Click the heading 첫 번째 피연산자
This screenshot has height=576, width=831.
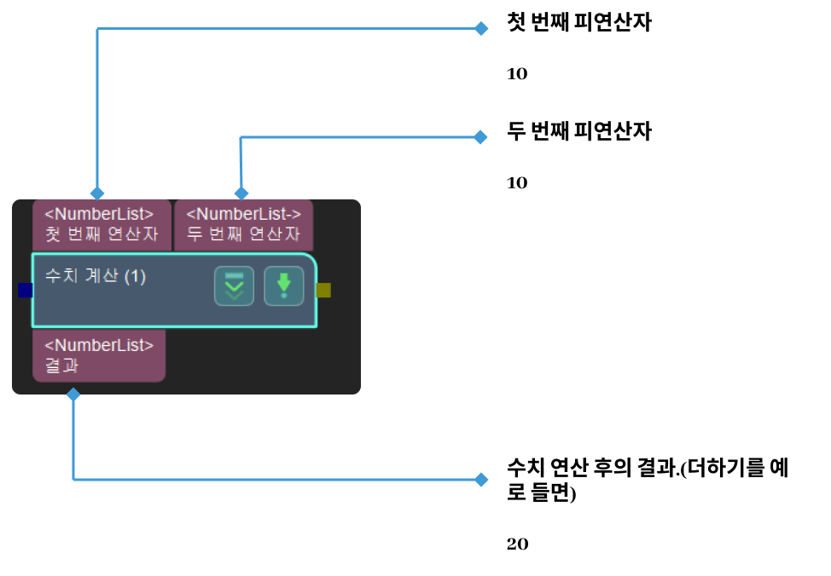pyautogui.click(x=578, y=24)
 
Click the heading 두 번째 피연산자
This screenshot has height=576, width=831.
pyautogui.click(x=578, y=132)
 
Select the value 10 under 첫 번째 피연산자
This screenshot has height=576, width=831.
pyautogui.click(x=517, y=74)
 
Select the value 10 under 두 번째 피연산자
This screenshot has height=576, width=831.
pyautogui.click(x=517, y=183)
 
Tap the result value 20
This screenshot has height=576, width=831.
pyautogui.click(x=517, y=544)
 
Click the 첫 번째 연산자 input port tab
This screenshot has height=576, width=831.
pyautogui.click(x=101, y=224)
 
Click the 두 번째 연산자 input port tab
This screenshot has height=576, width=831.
pyautogui.click(x=243, y=224)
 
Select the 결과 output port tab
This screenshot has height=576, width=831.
pyautogui.click(x=98, y=355)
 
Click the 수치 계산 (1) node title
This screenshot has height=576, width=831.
pyautogui.click(x=96, y=277)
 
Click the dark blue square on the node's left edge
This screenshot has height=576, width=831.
pyautogui.click(x=26, y=291)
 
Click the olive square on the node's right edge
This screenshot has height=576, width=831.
pyautogui.click(x=323, y=291)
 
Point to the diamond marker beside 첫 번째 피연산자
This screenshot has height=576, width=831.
pyautogui.click(x=481, y=28)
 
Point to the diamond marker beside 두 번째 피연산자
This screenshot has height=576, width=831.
pyautogui.click(x=481, y=136)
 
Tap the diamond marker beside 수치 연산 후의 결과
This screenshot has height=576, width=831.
pyautogui.click(x=481, y=480)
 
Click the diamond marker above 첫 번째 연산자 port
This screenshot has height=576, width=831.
pyautogui.click(x=97, y=193)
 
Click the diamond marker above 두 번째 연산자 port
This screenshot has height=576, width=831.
pyautogui.click(x=241, y=193)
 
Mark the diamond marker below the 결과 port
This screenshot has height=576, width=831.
pyautogui.click(x=73, y=395)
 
